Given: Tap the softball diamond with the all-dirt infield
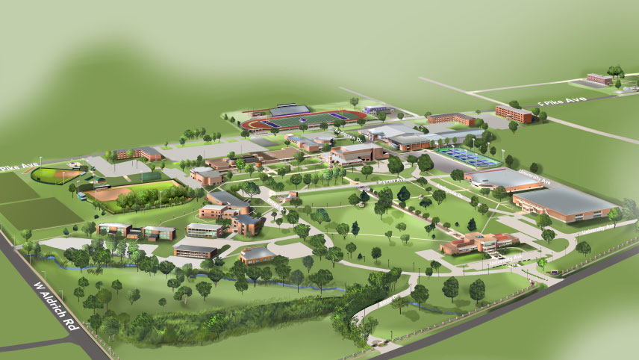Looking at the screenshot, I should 112,194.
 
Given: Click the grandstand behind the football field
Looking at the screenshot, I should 289,110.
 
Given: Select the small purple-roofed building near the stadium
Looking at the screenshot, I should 377,110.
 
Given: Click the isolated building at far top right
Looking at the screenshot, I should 599,78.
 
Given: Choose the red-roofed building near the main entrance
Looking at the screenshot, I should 478,242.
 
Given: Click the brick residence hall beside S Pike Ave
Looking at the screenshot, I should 514,113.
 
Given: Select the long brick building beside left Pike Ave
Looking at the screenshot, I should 138,154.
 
